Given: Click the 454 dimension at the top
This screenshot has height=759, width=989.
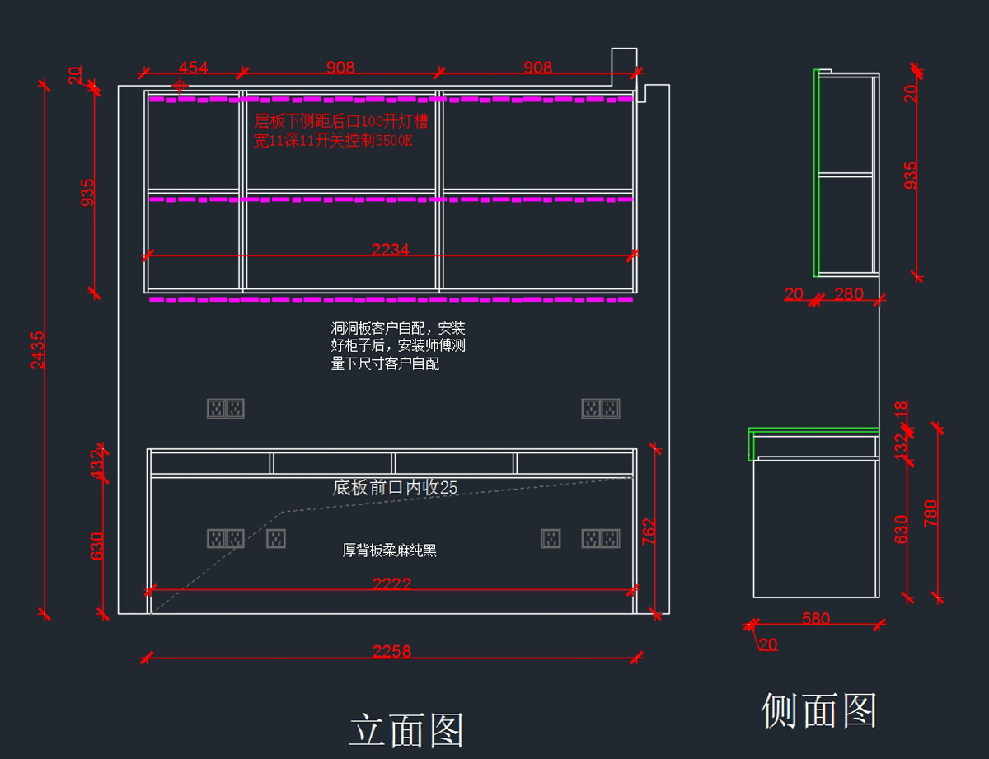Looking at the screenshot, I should [x=193, y=68].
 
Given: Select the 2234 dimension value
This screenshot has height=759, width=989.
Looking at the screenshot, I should [x=390, y=249].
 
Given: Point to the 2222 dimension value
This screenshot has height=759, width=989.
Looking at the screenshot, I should [x=391, y=583].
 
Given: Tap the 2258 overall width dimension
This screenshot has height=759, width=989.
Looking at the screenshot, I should [x=391, y=651].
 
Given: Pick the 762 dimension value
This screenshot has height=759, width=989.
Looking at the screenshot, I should [x=649, y=532].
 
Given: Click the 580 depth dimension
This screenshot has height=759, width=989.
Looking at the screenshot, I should [x=816, y=618].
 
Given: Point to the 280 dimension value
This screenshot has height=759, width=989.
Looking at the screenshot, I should [x=849, y=294].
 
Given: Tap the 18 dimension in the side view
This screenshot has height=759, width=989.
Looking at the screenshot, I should [x=901, y=409].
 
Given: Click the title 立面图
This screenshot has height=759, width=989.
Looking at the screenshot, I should [x=407, y=730].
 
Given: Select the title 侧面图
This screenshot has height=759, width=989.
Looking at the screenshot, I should [x=818, y=710].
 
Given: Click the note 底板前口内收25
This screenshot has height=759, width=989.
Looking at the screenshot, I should [x=395, y=487].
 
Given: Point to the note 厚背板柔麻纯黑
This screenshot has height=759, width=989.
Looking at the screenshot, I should [x=389, y=551].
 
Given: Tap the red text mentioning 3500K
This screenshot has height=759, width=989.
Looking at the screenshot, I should [x=333, y=141].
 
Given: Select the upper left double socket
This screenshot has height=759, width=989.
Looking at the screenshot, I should [x=225, y=408].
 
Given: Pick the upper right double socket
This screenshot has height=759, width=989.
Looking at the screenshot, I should [x=600, y=408].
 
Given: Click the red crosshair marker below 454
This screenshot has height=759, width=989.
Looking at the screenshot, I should [x=179, y=85].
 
